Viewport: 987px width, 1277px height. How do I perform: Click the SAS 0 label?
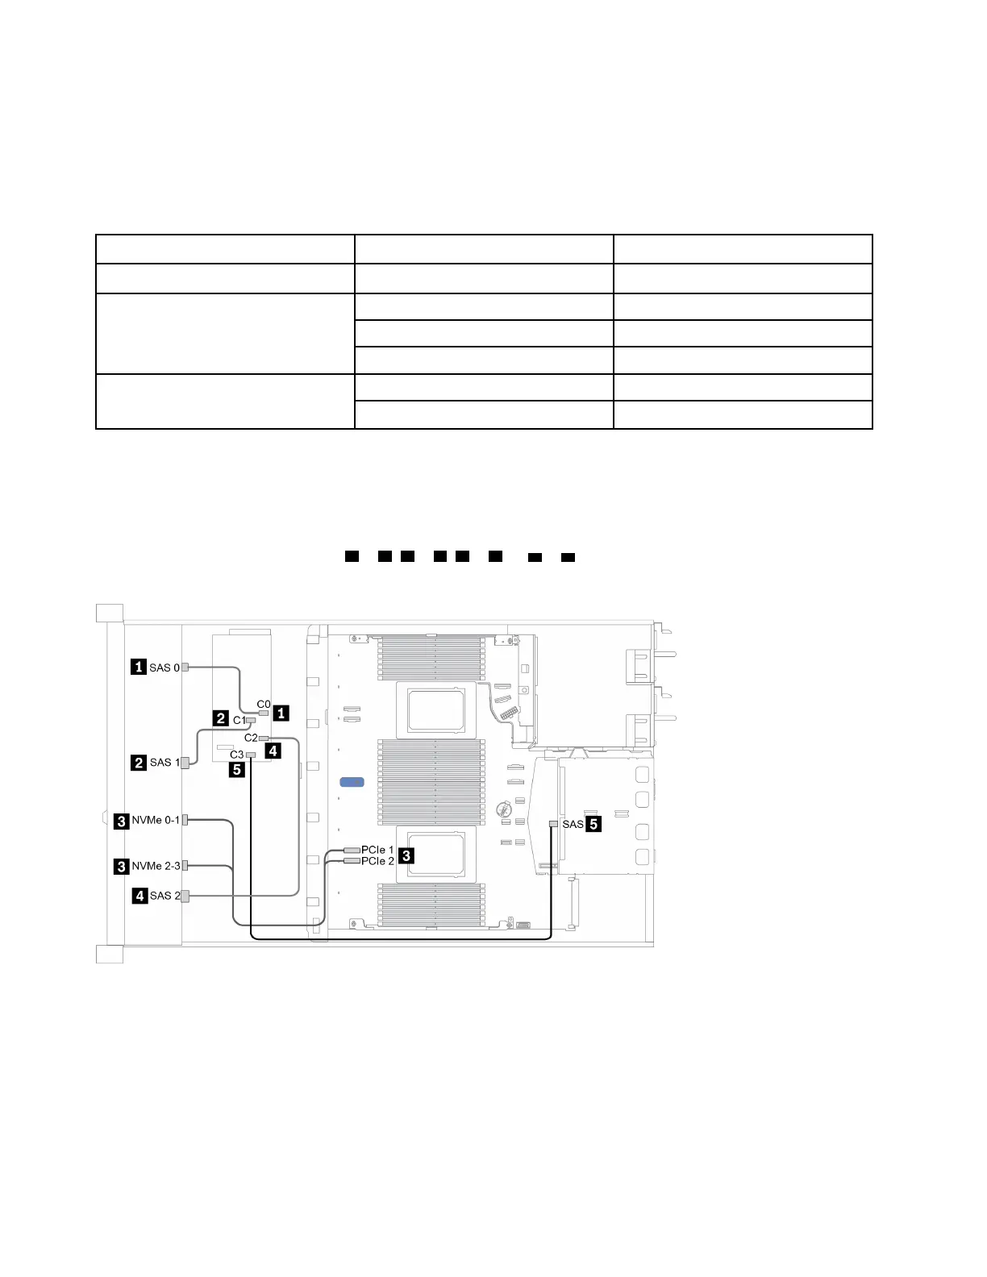coord(164,668)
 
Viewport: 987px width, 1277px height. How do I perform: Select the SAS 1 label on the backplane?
coord(164,762)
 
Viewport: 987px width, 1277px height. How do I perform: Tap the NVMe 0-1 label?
coord(156,820)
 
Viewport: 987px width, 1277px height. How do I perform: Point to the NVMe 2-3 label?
coord(156,866)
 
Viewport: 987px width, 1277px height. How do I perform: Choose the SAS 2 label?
coord(164,896)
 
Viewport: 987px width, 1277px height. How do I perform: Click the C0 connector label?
coord(264,705)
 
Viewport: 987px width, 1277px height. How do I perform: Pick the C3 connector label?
coord(236,755)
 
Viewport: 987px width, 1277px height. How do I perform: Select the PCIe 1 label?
coord(377,850)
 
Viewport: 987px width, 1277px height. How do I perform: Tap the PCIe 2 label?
coord(377,861)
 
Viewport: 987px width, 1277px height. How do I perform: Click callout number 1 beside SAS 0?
coord(139,667)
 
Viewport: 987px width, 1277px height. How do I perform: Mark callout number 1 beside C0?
coord(281,713)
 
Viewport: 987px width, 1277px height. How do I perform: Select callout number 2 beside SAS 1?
coord(139,763)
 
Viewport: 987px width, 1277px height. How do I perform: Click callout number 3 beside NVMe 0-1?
coord(121,821)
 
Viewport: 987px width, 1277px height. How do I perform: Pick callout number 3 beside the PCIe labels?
coord(406,855)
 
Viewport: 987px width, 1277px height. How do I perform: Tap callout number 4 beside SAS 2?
coord(140,896)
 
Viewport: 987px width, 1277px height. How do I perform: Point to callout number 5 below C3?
coord(237,770)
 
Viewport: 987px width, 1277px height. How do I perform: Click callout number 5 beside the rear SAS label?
coord(593,824)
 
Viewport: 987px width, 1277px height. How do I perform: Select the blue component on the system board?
coord(352,782)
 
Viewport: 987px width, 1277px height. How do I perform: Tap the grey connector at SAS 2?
coord(185,896)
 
